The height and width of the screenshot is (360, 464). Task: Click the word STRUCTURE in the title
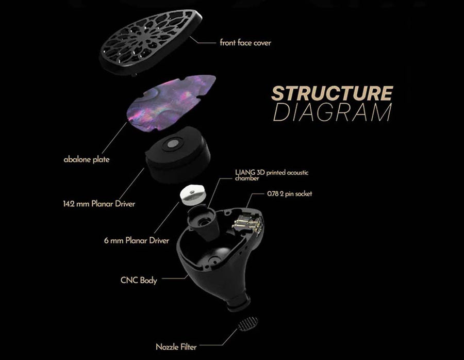332,93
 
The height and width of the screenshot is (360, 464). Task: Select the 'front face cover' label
245,43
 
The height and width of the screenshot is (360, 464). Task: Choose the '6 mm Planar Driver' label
136,240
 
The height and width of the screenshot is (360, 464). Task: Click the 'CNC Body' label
138,281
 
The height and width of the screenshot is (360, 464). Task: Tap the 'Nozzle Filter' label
176,347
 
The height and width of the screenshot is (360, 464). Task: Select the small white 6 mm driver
195,195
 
